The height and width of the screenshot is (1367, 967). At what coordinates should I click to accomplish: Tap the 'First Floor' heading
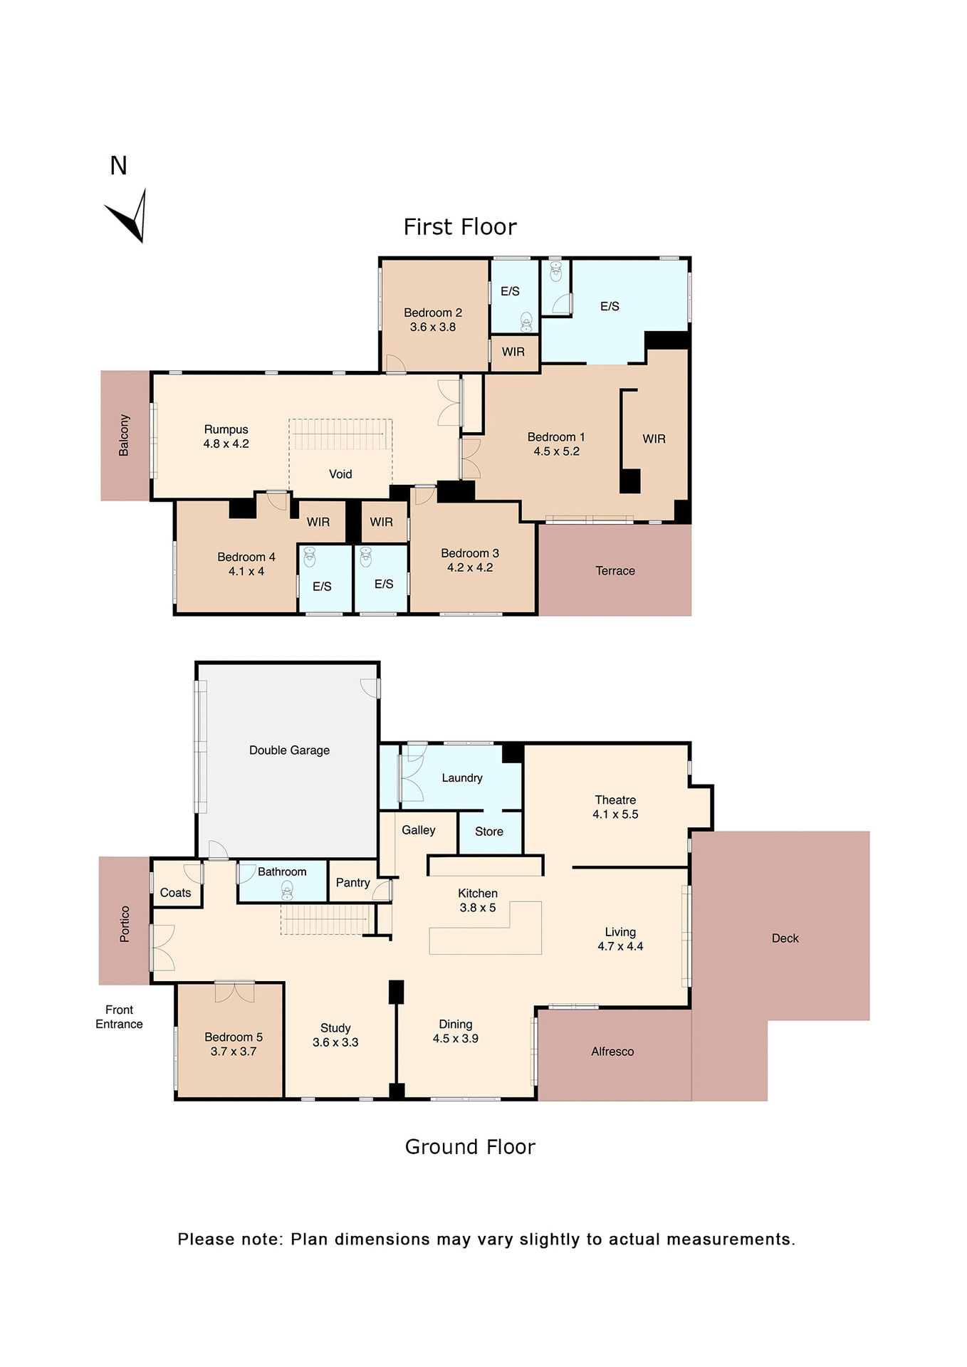[459, 227]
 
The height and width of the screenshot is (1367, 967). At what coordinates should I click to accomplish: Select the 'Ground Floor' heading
[469, 1147]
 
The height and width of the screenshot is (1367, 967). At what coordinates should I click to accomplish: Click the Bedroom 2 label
[432, 313]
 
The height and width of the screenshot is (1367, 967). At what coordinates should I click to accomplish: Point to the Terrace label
[615, 571]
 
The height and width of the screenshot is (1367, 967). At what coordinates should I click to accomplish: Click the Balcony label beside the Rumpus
[124, 435]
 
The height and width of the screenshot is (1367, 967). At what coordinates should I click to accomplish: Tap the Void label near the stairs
[340, 474]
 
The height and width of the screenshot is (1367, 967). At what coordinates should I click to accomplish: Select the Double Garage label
[289, 750]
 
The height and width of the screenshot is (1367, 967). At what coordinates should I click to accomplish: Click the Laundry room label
[461, 778]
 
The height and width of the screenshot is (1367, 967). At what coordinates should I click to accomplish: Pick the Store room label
[488, 832]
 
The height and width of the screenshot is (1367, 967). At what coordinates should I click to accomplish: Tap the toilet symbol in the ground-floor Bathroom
[287, 890]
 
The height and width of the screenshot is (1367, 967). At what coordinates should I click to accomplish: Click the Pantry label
[352, 883]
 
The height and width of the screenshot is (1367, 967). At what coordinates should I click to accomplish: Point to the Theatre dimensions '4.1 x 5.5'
[615, 815]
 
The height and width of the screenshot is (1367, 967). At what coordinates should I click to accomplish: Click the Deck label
[785, 938]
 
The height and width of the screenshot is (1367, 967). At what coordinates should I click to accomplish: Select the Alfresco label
[612, 1052]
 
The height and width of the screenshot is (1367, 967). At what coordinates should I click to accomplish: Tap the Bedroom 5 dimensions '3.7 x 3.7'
[233, 1052]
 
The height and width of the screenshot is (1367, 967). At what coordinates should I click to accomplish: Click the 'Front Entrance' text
[119, 1017]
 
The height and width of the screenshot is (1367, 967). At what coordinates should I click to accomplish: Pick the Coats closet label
[175, 893]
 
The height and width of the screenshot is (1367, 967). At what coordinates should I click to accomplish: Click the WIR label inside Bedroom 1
[654, 439]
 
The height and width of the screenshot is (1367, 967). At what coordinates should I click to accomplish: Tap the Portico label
[125, 924]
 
